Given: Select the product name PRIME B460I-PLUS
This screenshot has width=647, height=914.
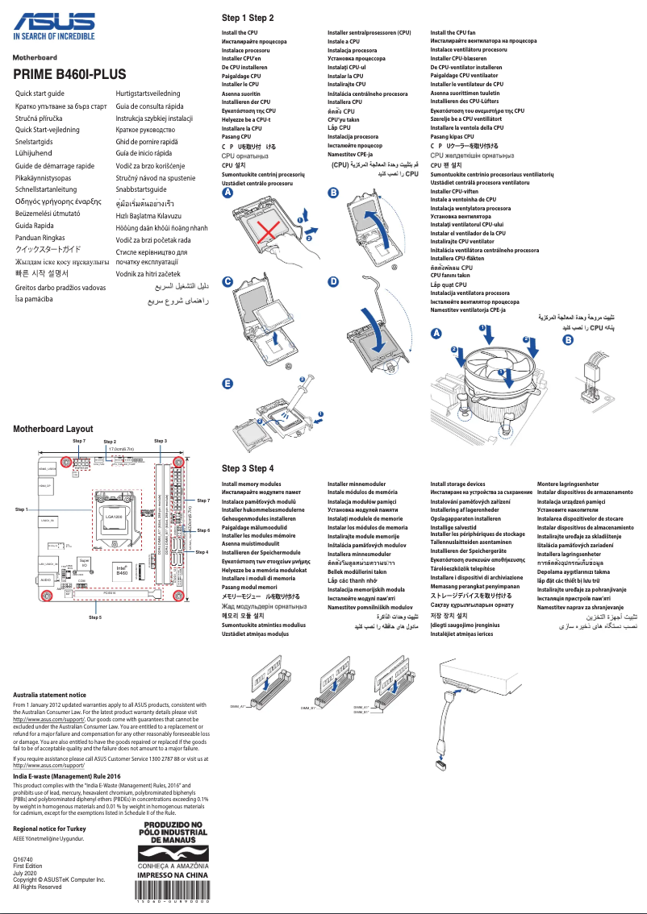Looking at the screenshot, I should (69, 75).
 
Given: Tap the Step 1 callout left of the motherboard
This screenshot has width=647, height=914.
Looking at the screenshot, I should (22, 509).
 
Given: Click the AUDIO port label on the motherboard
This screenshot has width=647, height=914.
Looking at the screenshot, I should (45, 580).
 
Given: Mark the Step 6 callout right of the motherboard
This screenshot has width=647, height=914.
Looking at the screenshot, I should (202, 530).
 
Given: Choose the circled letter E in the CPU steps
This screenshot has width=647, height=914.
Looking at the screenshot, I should (227, 383).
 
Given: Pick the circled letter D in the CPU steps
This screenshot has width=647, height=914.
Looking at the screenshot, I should (333, 281).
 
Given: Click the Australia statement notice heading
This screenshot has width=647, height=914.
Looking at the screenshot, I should (50, 695).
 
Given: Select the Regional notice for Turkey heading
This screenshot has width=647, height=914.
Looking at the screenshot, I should (54, 829).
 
